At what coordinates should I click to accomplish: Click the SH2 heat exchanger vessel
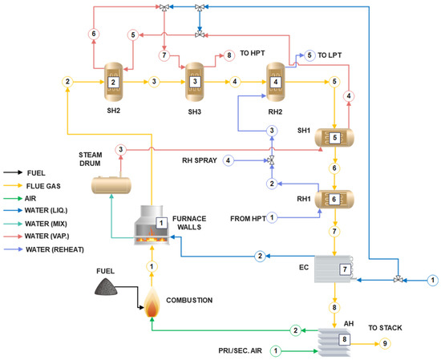pos(114,81)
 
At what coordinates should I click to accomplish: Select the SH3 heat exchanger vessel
pos(195,81)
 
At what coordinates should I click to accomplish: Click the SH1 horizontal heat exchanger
pos(334,137)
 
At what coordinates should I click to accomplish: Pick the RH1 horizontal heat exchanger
pos(334,198)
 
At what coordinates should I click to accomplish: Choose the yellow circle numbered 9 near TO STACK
pos(384,344)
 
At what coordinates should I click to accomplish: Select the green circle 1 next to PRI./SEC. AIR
pos(276,350)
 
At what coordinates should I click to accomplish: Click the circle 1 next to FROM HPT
pos(271,217)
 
